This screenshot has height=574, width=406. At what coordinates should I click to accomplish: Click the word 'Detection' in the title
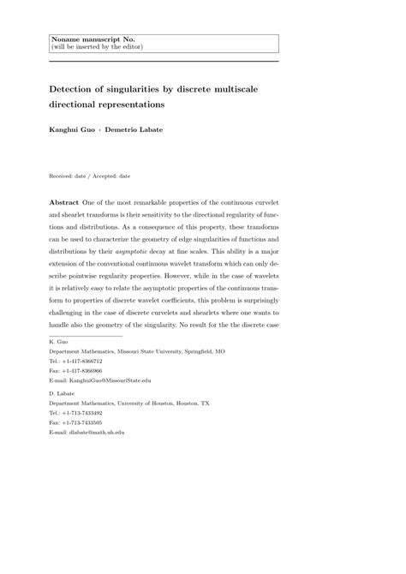click(x=77, y=87)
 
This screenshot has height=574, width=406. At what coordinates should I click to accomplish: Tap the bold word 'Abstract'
click(x=67, y=200)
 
